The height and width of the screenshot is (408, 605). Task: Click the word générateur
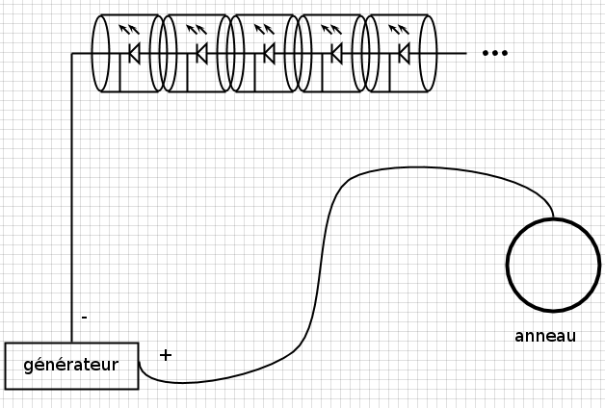click(x=70, y=366)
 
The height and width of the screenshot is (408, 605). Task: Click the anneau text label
click(x=545, y=336)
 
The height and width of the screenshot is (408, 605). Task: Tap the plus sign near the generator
click(x=165, y=355)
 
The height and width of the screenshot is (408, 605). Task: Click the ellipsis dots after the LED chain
click(x=494, y=53)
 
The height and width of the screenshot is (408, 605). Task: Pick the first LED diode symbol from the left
click(x=134, y=53)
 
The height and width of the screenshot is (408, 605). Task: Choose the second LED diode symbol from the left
click(x=201, y=53)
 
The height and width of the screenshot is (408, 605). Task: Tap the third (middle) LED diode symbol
click(x=269, y=53)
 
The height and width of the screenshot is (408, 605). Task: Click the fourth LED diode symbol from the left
click(x=336, y=53)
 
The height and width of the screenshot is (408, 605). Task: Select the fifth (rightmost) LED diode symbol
click(x=404, y=53)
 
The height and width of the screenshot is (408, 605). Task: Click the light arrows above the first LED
click(x=127, y=31)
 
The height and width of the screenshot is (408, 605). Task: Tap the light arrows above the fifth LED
click(x=397, y=31)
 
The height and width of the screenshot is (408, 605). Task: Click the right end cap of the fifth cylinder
click(x=429, y=53)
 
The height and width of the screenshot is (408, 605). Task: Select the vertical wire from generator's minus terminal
click(x=72, y=192)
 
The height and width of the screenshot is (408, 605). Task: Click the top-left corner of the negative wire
click(x=72, y=53)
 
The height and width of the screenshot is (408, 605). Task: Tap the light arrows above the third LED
click(x=262, y=31)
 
